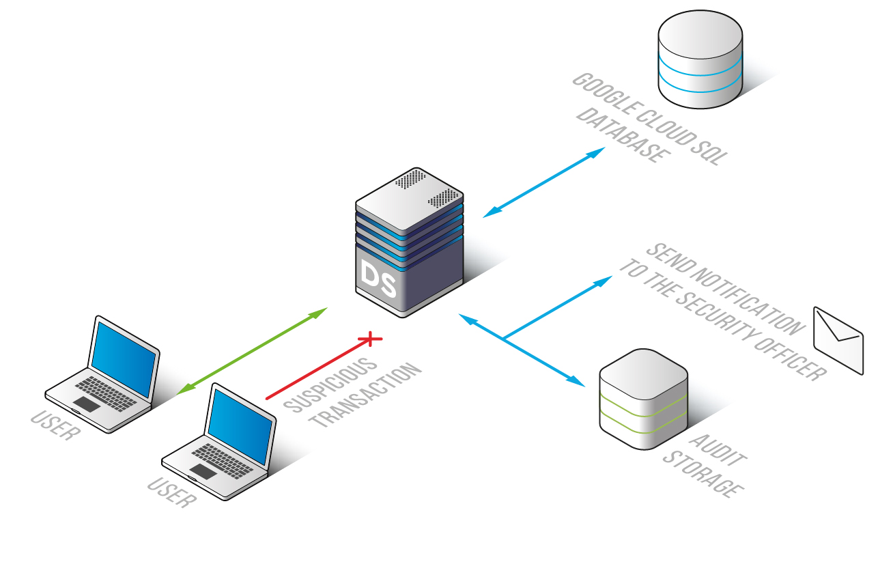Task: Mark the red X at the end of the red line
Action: [x=370, y=337]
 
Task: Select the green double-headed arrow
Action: [x=252, y=351]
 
